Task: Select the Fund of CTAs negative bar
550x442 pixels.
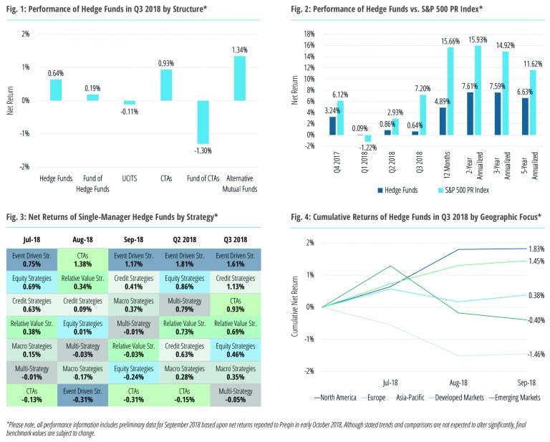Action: pos(203,122)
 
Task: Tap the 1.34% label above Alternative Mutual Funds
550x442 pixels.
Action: pos(241,49)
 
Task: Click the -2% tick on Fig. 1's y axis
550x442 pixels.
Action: pos(24,167)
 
